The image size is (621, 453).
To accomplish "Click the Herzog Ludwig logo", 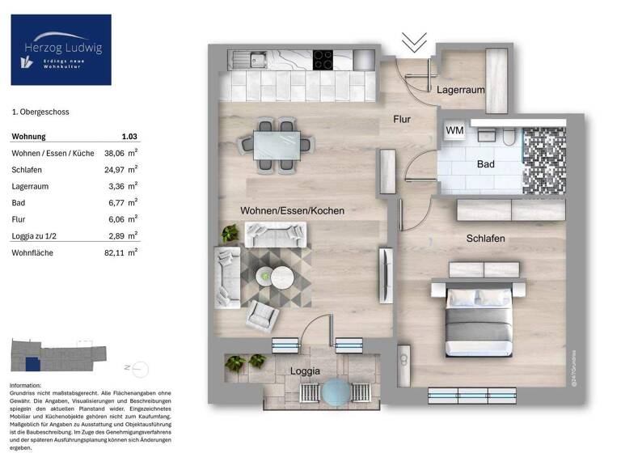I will (x=61, y=49).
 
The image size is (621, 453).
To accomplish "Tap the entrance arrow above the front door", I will (x=415, y=40).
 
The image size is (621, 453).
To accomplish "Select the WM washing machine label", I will (x=454, y=129).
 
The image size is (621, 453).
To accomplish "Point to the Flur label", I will (x=402, y=119).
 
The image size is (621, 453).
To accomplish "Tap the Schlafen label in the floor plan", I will (x=485, y=239).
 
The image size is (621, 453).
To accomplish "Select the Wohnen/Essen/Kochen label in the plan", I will (x=292, y=210).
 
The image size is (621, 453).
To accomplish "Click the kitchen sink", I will (x=257, y=58).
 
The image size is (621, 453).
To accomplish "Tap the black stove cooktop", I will (x=323, y=58).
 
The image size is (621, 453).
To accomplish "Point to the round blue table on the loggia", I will (x=334, y=392).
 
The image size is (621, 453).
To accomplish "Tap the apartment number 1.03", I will (x=129, y=137).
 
